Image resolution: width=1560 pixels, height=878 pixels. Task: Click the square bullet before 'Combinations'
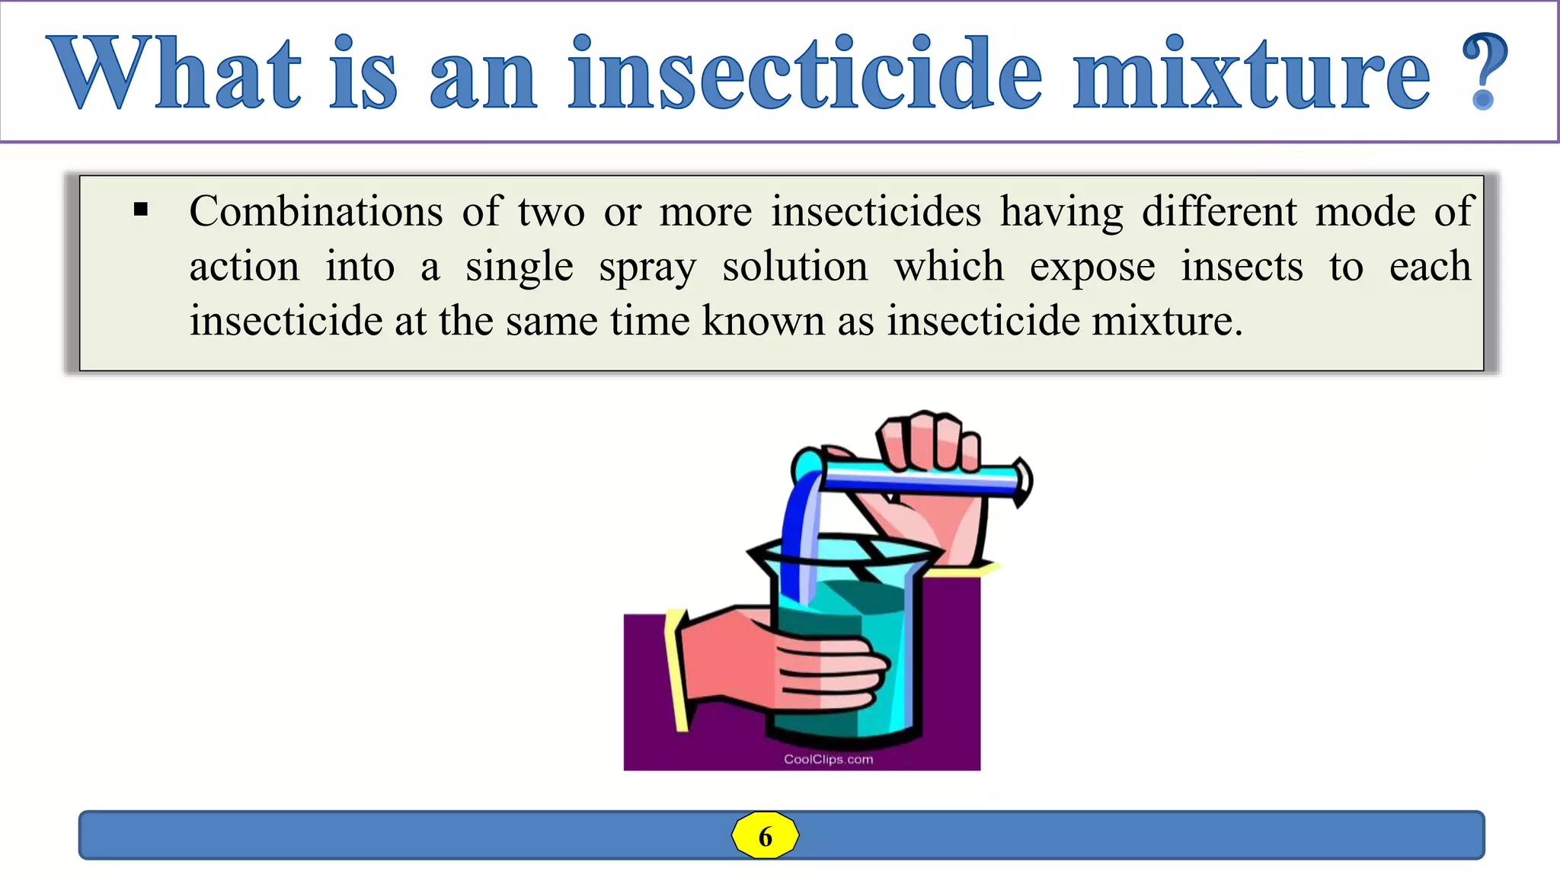(141, 210)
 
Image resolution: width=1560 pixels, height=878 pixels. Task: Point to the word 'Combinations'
(315, 211)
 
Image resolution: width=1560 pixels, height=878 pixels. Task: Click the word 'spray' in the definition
(647, 268)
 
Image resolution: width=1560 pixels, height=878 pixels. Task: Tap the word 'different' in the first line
(1219, 211)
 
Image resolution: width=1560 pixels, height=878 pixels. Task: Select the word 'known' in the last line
(762, 320)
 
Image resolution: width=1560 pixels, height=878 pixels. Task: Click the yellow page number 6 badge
(765, 836)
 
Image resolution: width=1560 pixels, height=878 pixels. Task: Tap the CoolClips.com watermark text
(828, 759)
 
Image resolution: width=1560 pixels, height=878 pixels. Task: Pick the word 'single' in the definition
(519, 268)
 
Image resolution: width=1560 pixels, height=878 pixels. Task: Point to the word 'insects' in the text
(1242, 267)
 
